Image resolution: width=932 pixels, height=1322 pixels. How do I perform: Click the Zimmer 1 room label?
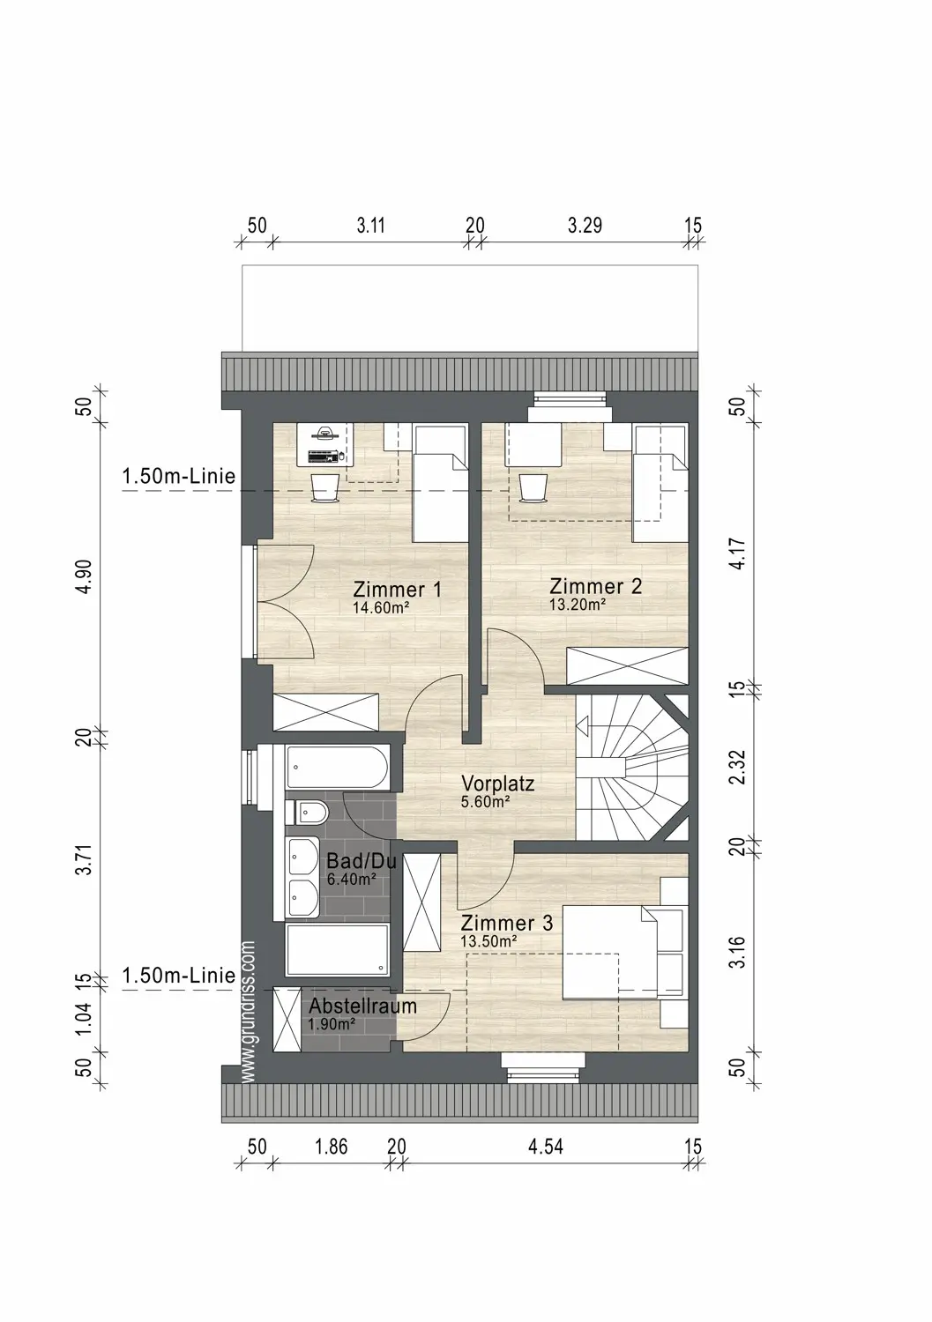click(x=397, y=590)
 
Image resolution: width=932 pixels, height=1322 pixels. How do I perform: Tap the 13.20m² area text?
click(x=578, y=605)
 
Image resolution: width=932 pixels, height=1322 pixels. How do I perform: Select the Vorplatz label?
click(x=497, y=784)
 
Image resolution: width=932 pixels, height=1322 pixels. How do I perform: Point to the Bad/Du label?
click(x=361, y=862)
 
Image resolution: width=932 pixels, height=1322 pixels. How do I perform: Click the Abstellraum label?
click(x=362, y=1006)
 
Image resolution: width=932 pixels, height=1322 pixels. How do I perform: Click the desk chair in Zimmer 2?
click(x=533, y=488)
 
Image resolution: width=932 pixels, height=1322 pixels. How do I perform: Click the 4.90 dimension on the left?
click(x=85, y=576)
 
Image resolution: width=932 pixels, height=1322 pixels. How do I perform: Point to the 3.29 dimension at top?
click(x=585, y=226)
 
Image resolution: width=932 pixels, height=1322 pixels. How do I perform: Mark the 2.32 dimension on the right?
click(x=738, y=767)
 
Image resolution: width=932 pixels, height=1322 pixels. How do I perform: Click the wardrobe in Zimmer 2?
click(x=627, y=665)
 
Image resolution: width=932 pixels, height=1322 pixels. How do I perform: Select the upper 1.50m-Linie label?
click(x=179, y=476)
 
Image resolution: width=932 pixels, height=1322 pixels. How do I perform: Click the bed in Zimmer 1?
click(x=441, y=482)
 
